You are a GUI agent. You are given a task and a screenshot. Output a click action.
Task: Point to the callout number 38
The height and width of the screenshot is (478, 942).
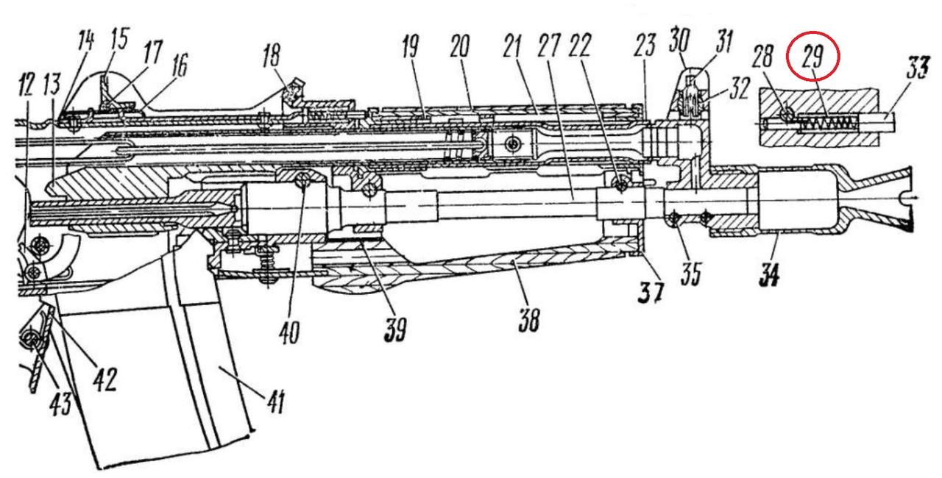pyautogui.click(x=528, y=321)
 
